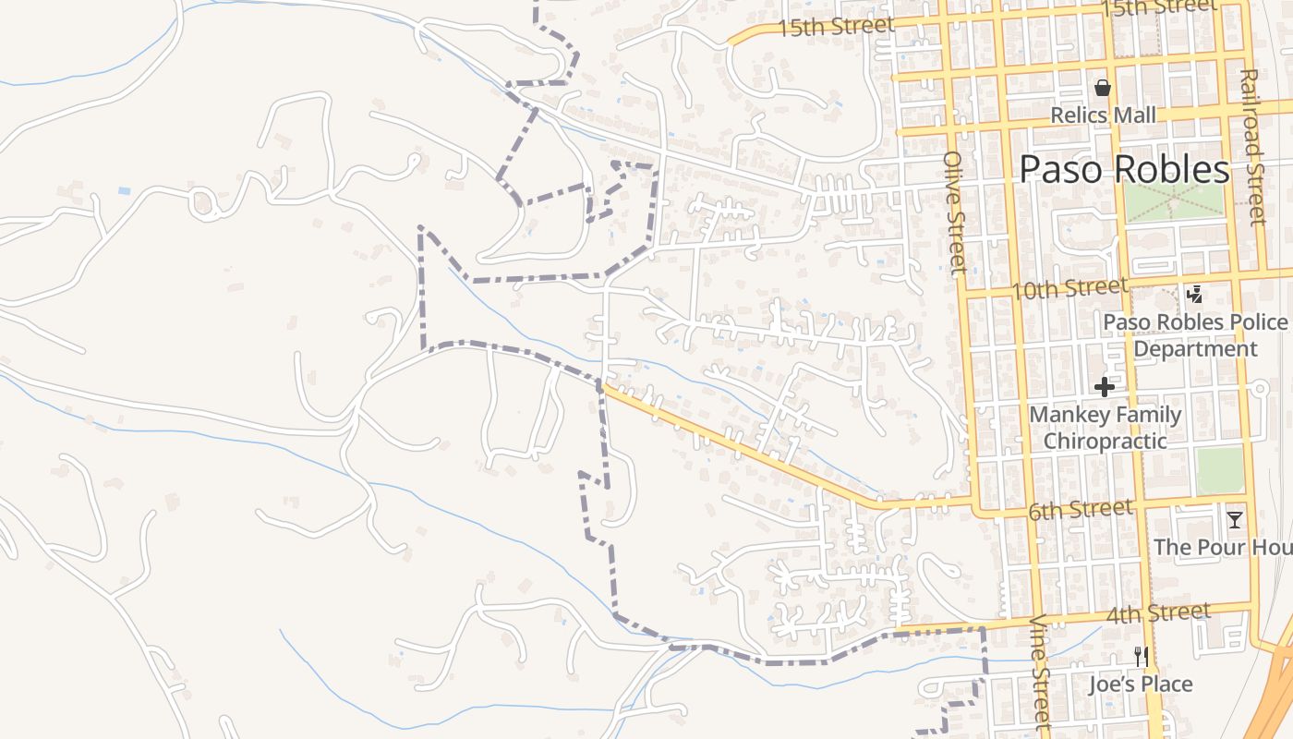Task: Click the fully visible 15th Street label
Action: pos(835,27)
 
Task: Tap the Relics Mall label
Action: pos(1104,115)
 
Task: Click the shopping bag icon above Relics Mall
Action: pos(1102,89)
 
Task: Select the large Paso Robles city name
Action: pos(1124,170)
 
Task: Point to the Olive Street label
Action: pos(954,212)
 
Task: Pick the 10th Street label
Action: pos(1069,289)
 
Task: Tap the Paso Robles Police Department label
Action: pos(1195,335)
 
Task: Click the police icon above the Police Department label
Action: pos(1194,295)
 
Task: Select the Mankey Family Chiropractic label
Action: pos(1106,428)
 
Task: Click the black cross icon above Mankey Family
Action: pos(1104,386)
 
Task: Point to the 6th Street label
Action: pos(1080,510)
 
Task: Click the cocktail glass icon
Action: pos(1234,519)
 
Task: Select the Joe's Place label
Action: pos(1141,684)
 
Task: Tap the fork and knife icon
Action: pos(1142,657)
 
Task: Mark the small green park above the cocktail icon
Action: pos(1220,470)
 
